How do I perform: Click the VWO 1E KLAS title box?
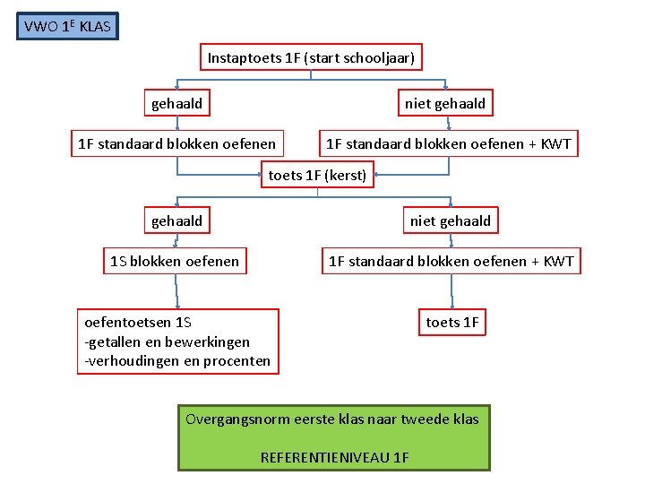point(67,27)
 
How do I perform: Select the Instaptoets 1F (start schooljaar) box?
point(311,58)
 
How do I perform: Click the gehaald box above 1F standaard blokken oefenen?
point(176,104)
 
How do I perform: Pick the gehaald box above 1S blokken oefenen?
point(176,220)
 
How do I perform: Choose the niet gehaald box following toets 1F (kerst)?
point(450,220)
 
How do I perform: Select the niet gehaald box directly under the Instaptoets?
point(444,104)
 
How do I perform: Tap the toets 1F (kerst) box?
point(317,176)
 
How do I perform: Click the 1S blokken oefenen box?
point(175,262)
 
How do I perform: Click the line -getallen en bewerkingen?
point(167,341)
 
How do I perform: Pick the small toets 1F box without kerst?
point(451,323)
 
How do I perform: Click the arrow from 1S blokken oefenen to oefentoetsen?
point(177,291)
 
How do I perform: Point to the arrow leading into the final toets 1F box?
point(451,291)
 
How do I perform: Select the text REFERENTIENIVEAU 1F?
point(334,457)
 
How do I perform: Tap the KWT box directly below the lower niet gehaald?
point(451,262)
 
